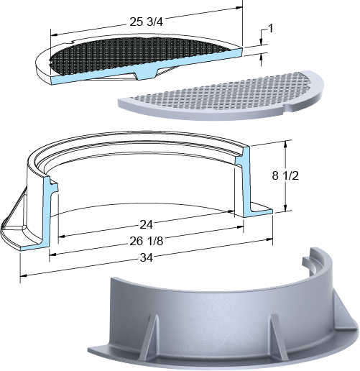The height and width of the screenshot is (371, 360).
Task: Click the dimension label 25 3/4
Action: click(146, 22)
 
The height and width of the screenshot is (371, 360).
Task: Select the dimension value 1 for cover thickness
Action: click(271, 29)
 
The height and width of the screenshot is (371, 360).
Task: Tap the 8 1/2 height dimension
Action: click(285, 175)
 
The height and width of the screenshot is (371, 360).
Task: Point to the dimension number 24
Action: click(146, 224)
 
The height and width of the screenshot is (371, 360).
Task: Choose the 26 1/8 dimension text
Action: click(146, 241)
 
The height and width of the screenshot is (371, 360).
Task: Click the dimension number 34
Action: click(146, 257)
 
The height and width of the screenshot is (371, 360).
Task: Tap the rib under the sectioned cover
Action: click(146, 73)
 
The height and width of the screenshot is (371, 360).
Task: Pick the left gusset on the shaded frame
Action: click(149, 337)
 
